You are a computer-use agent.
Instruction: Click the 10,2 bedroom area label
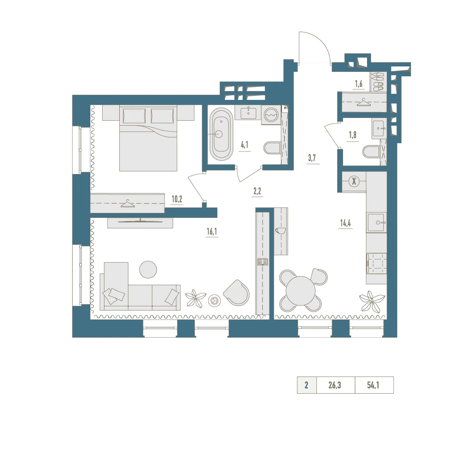coord(177,199)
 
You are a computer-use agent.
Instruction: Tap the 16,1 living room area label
coord(212,231)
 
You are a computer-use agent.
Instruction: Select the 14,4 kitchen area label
coord(345,223)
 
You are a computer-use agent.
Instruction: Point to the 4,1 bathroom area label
coord(245,145)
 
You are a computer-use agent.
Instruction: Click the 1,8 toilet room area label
coord(353,135)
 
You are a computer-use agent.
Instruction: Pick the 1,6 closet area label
coord(358,84)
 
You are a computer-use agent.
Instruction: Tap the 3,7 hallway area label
coord(312,158)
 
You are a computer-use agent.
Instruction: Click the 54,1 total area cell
coord(373,385)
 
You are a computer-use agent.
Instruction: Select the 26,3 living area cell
coord(334,385)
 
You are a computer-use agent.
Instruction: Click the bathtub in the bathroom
coord(221,134)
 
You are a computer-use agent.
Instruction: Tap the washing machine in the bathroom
coord(271,115)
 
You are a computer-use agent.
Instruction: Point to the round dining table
coord(301,291)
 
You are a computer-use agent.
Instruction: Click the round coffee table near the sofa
coord(148,269)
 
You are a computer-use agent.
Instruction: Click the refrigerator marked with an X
coord(354,182)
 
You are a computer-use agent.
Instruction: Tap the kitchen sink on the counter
coord(377,222)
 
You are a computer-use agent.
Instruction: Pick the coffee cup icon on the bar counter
coord(280,231)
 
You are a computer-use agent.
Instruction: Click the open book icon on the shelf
coord(263,262)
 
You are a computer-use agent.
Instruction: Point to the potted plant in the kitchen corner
coord(372,301)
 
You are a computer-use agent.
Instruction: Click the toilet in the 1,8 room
coord(371,152)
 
